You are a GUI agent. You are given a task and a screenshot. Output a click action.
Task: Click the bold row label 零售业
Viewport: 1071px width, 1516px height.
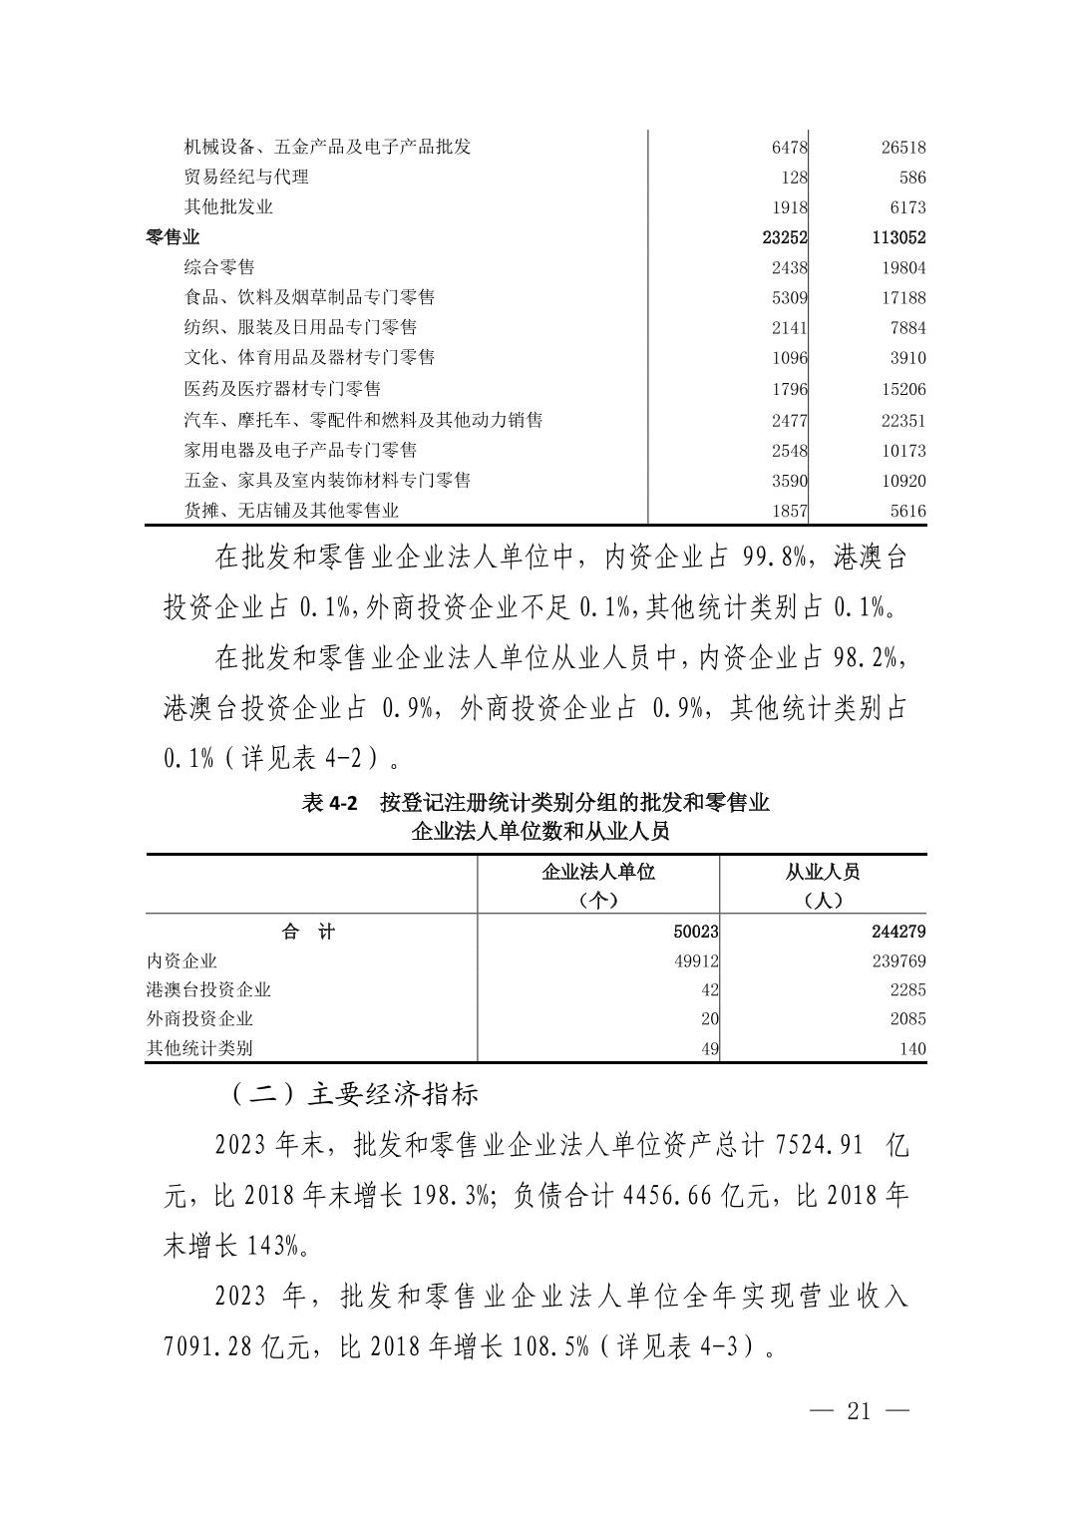coord(173,237)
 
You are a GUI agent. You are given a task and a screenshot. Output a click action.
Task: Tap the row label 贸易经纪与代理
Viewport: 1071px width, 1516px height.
coord(246,178)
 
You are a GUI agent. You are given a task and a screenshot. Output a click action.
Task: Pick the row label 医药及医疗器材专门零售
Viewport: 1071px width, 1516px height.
coord(282,388)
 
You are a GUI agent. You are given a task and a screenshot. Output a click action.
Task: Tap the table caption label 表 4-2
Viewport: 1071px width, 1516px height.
coord(329,803)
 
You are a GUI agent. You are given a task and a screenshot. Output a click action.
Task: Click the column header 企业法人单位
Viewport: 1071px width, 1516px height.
coord(597,872)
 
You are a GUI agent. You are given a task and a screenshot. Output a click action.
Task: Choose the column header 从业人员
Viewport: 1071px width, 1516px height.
coord(822,872)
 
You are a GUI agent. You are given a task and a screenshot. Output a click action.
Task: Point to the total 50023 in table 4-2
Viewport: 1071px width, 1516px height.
coord(695,932)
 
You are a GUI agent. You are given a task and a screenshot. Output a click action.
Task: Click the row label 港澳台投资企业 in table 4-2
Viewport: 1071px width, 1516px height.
coord(208,989)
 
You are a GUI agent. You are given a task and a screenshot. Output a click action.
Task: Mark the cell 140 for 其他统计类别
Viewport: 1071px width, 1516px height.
coord(911,1048)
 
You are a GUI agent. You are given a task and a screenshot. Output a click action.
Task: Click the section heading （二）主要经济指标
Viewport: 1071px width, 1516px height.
coord(354,1094)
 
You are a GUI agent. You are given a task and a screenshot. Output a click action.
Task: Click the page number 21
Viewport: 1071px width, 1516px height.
coord(859,1411)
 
